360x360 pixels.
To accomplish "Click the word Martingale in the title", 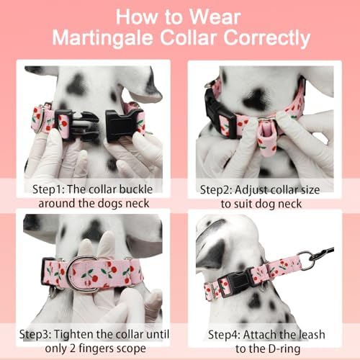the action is pyautogui.click(x=102, y=37).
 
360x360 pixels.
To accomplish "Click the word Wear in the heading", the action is pyautogui.click(x=215, y=17).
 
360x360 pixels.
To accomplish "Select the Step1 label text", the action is pyautogui.click(x=48, y=189).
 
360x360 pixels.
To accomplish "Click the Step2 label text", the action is pyautogui.click(x=215, y=190).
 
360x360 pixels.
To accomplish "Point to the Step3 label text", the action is pyautogui.click(x=35, y=334).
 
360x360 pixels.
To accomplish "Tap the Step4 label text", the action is pyautogui.click(x=224, y=335).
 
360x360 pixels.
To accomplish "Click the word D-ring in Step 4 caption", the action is pyautogui.click(x=282, y=348).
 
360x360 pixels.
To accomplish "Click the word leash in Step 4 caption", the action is pyautogui.click(x=310, y=335).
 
